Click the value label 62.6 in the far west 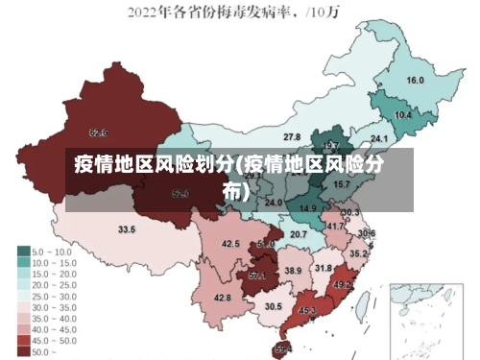[x=98, y=132]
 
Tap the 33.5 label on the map [x=127, y=230]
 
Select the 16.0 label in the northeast [x=415, y=81]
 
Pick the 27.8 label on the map [x=292, y=137]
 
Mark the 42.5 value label [x=230, y=244]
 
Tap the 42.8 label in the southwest [x=223, y=299]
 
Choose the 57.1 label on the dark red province [x=257, y=276]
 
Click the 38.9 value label [x=293, y=272]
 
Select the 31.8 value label [x=324, y=268]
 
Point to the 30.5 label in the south [x=274, y=306]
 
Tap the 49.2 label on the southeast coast [x=343, y=285]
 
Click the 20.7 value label [x=299, y=234]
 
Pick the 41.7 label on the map [x=335, y=227]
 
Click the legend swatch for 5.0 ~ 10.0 [x=24, y=252]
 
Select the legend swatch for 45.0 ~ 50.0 [x=24, y=341]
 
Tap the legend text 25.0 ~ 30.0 [x=56, y=296]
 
